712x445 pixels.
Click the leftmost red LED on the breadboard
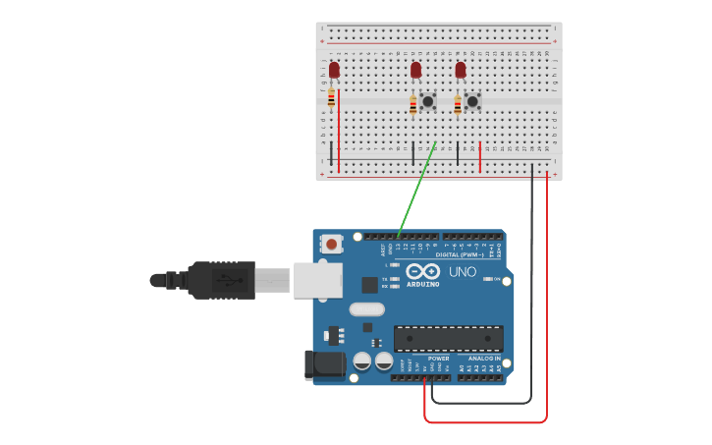pyautogui.click(x=334, y=70)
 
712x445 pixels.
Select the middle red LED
pyautogui.click(x=415, y=70)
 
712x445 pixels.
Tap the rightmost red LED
pyautogui.click(x=460, y=70)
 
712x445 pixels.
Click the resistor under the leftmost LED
pyautogui.click(x=331, y=96)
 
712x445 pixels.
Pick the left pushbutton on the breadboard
pyautogui.click(x=427, y=101)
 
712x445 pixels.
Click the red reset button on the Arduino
pyautogui.click(x=332, y=244)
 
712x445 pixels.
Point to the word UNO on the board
pyautogui.click(x=462, y=271)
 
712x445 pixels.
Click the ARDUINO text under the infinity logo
pyautogui.click(x=422, y=284)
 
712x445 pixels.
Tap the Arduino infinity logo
pyautogui.click(x=422, y=271)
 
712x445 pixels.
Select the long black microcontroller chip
pyautogui.click(x=448, y=339)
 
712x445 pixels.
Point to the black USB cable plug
pyautogui.click(x=222, y=279)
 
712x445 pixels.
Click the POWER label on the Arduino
pyautogui.click(x=438, y=359)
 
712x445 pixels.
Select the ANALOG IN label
pyautogui.click(x=483, y=359)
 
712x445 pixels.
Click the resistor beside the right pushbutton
pyautogui.click(x=458, y=104)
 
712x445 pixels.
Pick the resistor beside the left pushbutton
pyautogui.click(x=413, y=104)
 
